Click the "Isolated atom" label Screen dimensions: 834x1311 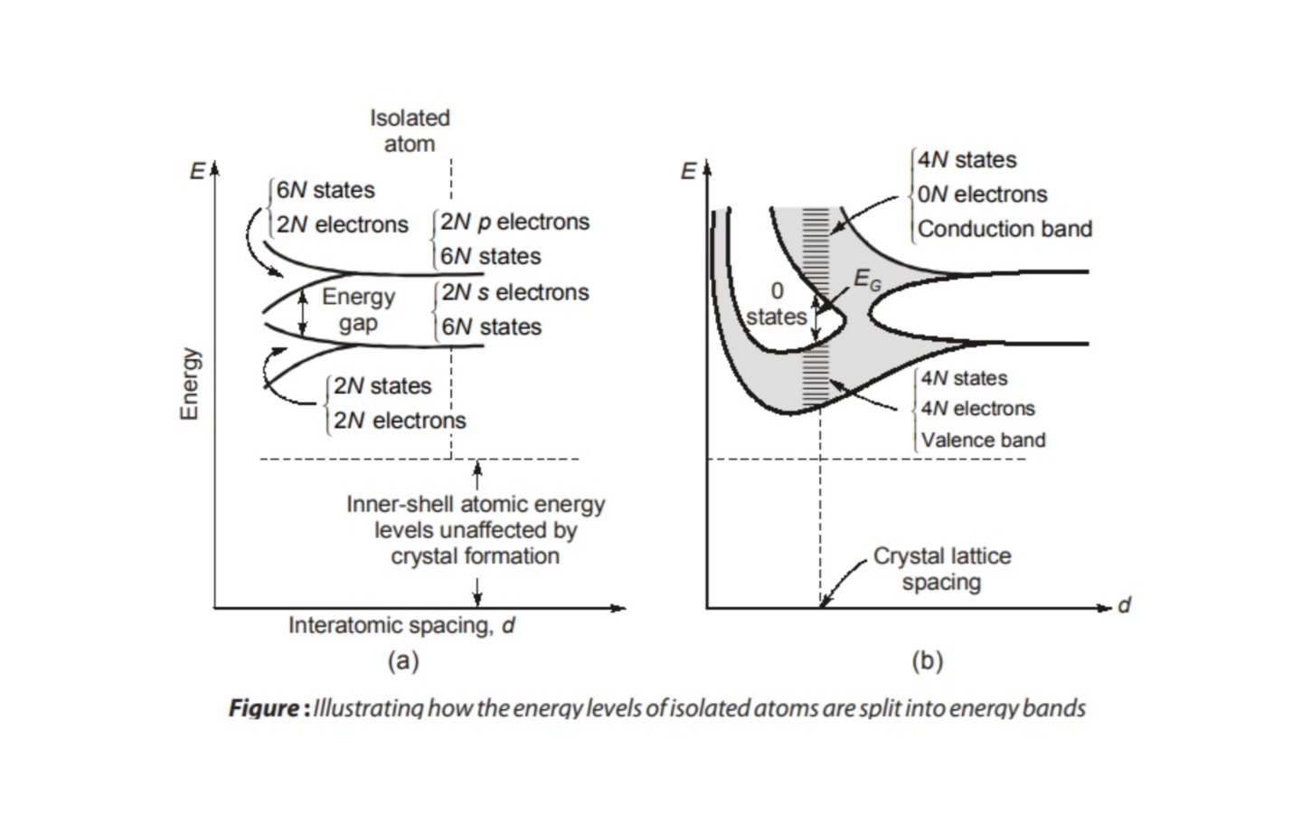tap(410, 130)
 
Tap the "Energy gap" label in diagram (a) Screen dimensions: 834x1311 tap(358, 309)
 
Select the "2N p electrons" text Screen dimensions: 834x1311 tap(514, 222)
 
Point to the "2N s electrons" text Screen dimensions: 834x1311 tap(514, 292)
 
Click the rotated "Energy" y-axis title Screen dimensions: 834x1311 tap(189, 384)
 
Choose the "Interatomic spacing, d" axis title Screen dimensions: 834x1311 tap(401, 625)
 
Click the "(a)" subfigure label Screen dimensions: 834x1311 tap(403, 661)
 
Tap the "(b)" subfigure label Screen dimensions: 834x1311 tap(927, 661)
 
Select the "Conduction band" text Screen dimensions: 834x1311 tap(1004, 229)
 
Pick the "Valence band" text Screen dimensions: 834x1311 tap(983, 441)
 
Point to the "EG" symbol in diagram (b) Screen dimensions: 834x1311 tap(866, 280)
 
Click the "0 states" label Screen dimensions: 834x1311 tap(776, 304)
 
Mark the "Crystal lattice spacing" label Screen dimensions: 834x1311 tap(941, 568)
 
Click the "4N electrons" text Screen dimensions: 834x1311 tap(977, 409)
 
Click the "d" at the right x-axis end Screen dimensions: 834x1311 tap(1124, 605)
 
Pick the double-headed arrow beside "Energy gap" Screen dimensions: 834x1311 tap(303, 309)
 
